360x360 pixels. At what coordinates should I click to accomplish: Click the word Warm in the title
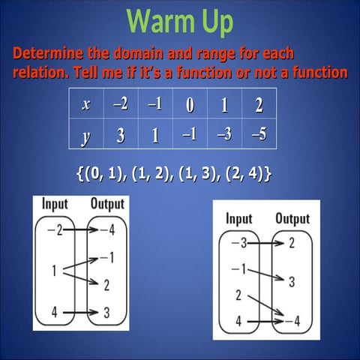pos(156,23)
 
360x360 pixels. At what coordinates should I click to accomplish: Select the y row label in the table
pos(86,136)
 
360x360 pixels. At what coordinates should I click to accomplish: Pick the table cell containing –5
pos(259,136)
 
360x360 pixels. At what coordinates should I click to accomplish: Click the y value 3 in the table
pos(121,136)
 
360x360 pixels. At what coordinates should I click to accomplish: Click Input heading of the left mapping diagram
pos(55,203)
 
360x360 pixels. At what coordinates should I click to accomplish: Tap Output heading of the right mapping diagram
pos(292,219)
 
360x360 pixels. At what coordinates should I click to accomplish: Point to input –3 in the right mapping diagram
pos(238,243)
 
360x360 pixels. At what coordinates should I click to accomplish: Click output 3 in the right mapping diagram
pos(291,281)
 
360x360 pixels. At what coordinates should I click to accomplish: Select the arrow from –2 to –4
pos(78,229)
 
